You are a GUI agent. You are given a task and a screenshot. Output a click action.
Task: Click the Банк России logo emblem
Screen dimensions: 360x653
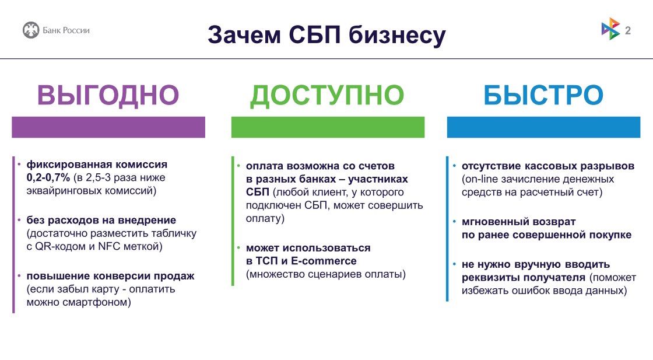coord(31,30)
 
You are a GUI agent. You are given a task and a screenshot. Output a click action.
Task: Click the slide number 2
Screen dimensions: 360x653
coord(628,31)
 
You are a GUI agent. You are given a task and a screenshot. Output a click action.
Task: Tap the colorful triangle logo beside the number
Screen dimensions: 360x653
coord(610,30)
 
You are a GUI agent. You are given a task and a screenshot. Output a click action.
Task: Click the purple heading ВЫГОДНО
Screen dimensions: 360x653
coord(108,96)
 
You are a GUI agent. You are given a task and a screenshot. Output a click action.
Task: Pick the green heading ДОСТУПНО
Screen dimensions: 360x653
coord(327,96)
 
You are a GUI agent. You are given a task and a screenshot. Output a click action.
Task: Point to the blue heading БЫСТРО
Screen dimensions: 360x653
coord(543,96)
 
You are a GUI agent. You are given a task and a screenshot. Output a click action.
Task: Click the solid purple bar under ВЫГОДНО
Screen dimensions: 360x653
coord(108,127)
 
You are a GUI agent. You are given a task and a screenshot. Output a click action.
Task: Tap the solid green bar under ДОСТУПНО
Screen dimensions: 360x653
coord(328,127)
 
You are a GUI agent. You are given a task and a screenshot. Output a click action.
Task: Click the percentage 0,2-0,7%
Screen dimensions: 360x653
coord(48,177)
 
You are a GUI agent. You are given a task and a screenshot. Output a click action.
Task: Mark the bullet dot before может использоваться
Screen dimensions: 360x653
coord(238,248)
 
